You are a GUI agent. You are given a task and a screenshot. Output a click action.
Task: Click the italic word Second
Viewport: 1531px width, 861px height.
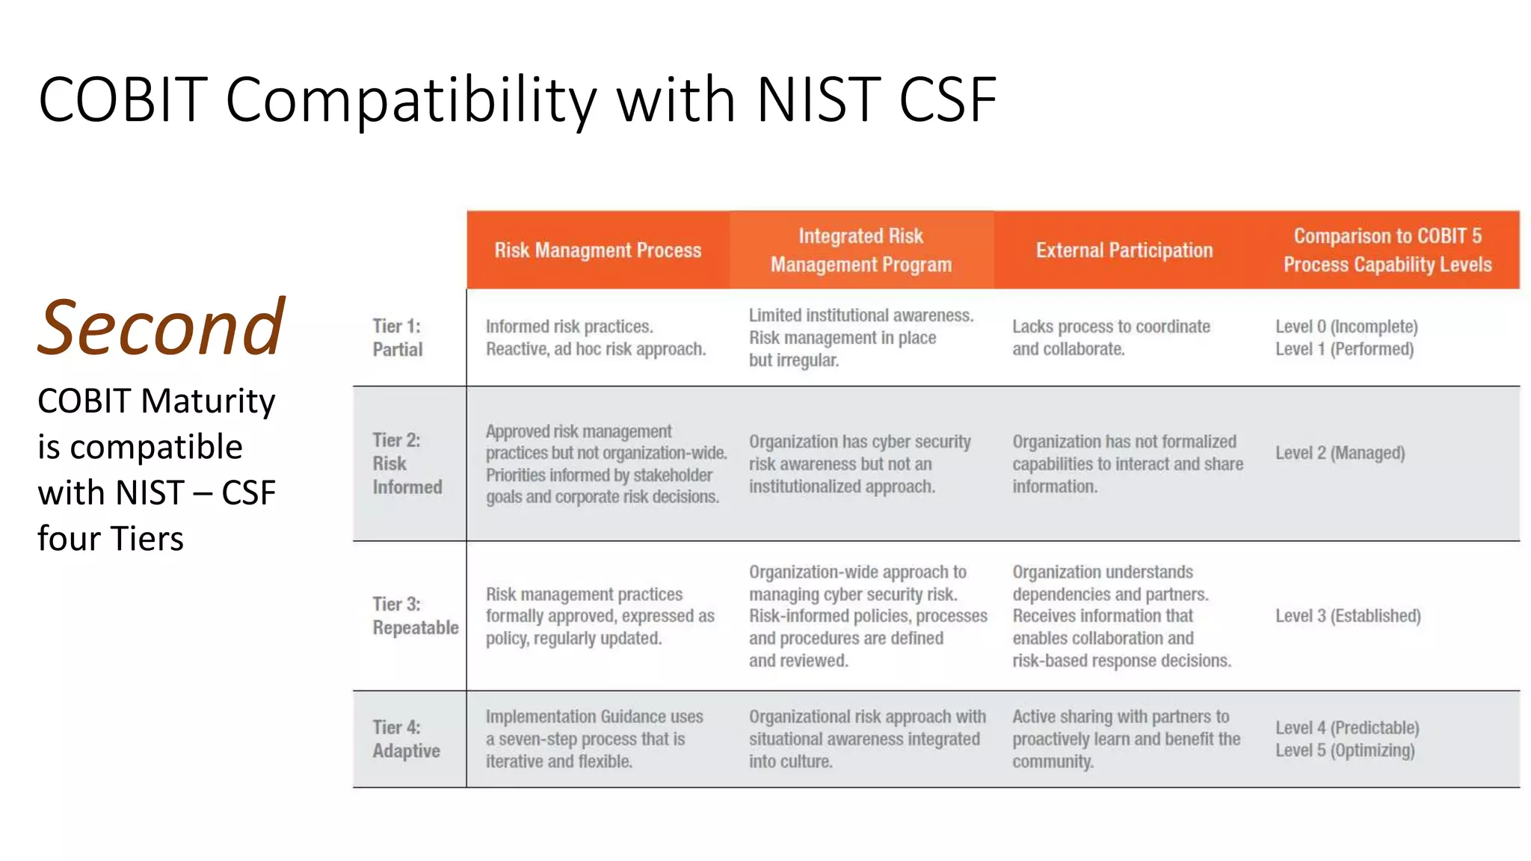pyautogui.click(x=161, y=327)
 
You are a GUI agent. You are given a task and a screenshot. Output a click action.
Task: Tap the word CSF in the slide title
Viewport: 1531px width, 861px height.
pyautogui.click(x=947, y=99)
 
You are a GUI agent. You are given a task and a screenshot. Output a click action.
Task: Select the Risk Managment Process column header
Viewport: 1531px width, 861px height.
pyautogui.click(x=597, y=250)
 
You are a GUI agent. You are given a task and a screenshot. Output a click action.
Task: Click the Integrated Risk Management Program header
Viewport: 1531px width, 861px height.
pyautogui.click(x=861, y=250)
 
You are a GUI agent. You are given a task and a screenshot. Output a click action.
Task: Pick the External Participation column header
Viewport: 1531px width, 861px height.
pyautogui.click(x=1124, y=250)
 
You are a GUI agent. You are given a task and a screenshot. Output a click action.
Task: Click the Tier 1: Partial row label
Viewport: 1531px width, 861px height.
pyautogui.click(x=398, y=338)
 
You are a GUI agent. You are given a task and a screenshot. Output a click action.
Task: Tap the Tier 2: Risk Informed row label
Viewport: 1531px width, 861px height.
pyautogui.click(x=407, y=463)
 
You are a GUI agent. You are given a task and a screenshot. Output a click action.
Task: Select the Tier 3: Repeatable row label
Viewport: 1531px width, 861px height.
pyautogui.click(x=415, y=616)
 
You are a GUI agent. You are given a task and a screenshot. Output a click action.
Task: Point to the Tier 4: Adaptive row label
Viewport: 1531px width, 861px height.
pyautogui.click(x=406, y=739)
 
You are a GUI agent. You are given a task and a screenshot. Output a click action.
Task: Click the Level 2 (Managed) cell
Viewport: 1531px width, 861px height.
pyautogui.click(x=1340, y=453)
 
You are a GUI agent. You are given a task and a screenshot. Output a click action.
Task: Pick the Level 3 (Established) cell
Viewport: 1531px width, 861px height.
pyautogui.click(x=1348, y=616)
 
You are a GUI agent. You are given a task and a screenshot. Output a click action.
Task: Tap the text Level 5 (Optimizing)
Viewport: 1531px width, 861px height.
pyautogui.click(x=1345, y=750)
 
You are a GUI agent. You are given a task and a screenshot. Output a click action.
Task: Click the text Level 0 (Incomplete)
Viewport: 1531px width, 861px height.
pyautogui.click(x=1346, y=327)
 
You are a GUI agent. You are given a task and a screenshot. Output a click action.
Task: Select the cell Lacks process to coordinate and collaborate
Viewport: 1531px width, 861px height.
pyautogui.click(x=1111, y=338)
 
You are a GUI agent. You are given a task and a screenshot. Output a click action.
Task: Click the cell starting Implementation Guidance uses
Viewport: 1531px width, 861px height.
pyautogui.click(x=594, y=739)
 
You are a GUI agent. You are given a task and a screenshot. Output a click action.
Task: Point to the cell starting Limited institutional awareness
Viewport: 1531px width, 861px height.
pyautogui.click(x=861, y=338)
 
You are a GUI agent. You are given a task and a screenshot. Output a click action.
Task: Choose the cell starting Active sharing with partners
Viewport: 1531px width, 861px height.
pyautogui.click(x=1126, y=739)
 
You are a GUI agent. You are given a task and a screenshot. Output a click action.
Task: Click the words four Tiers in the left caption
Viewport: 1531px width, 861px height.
pyautogui.click(x=111, y=539)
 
